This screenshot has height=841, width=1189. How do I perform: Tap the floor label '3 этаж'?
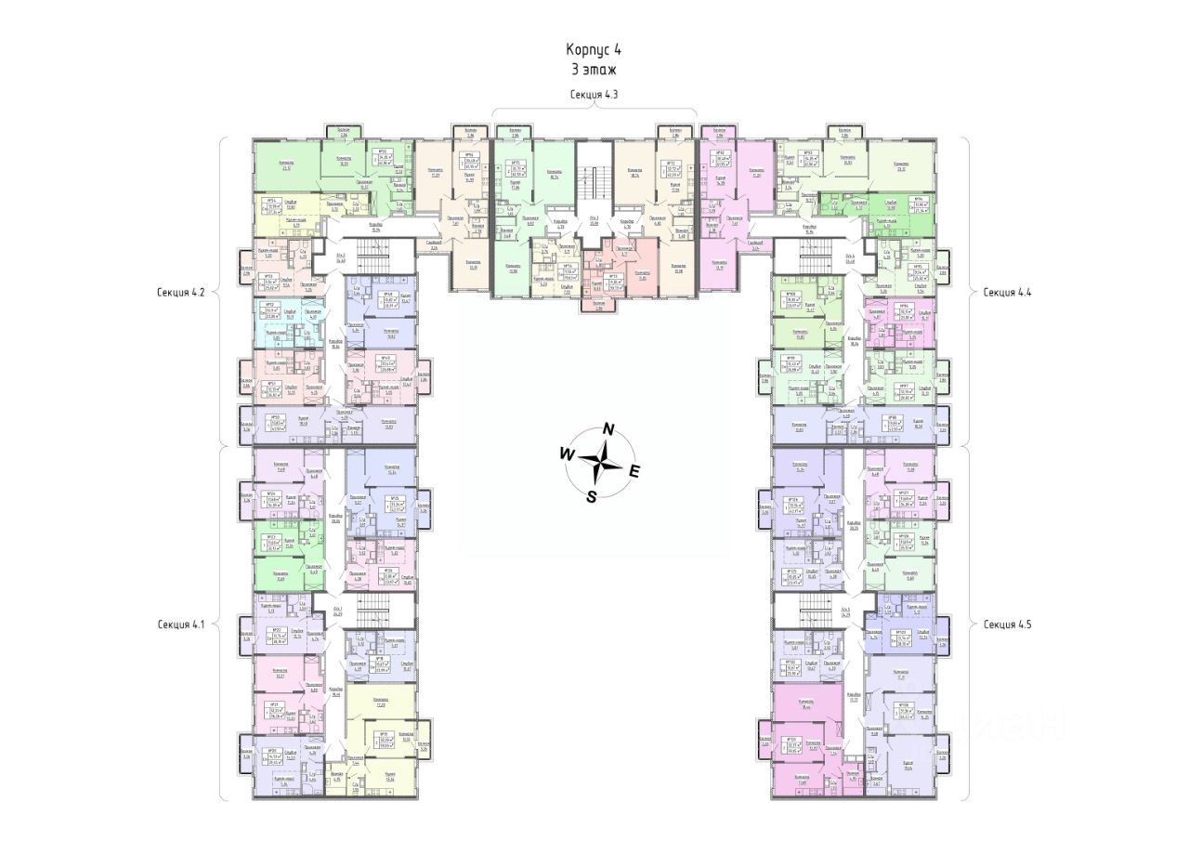tap(594, 70)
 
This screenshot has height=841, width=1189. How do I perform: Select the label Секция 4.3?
tap(594, 95)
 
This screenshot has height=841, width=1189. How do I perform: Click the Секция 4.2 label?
tap(180, 292)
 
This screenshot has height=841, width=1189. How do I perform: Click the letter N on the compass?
tap(608, 428)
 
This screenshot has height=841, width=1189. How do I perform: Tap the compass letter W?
tap(565, 453)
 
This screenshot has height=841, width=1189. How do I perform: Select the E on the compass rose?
tap(634, 472)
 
